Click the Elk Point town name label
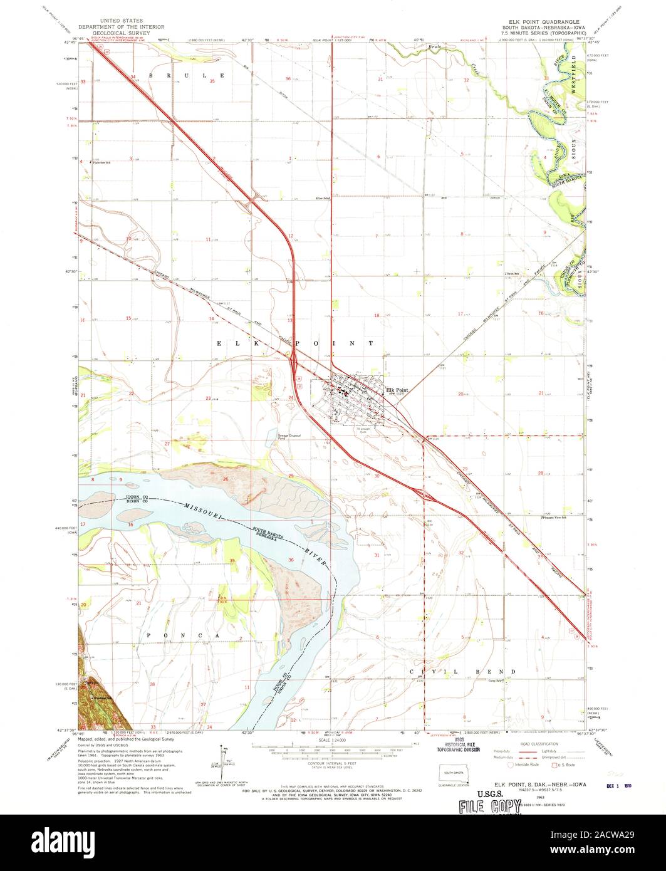397,389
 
